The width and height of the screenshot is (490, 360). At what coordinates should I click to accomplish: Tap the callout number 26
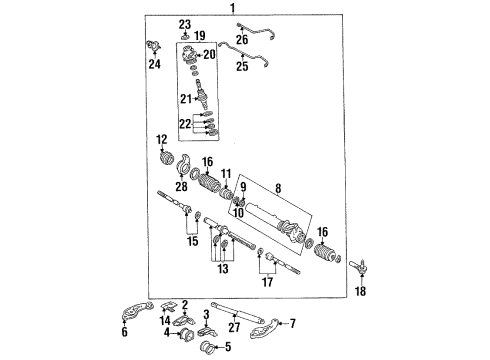[242, 40]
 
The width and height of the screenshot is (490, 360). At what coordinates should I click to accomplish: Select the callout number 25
[242, 68]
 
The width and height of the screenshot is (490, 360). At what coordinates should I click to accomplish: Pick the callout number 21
[186, 98]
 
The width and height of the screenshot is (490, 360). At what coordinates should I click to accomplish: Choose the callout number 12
[163, 139]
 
